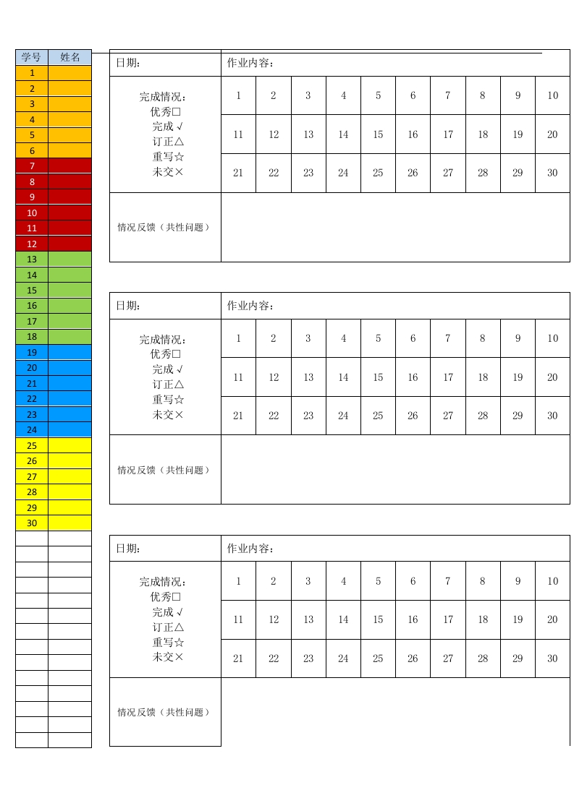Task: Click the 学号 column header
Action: [31, 57]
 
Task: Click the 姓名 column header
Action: [69, 57]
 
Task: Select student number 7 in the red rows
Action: [32, 166]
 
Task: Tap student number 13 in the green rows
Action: [32, 259]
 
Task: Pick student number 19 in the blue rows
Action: [32, 353]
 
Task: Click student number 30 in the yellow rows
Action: [32, 523]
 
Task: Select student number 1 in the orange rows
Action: [32, 73]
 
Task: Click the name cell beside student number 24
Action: [69, 430]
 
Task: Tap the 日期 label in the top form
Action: [128, 63]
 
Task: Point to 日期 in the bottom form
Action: [128, 549]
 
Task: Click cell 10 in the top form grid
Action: [552, 95]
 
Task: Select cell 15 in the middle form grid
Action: [378, 377]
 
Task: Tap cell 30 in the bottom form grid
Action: [552, 658]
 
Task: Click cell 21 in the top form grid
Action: [238, 173]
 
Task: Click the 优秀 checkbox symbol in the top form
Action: [176, 112]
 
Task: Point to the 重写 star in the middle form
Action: [179, 400]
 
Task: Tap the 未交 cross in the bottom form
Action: [179, 657]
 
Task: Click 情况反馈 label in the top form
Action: [164, 227]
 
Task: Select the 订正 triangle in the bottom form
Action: [179, 627]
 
